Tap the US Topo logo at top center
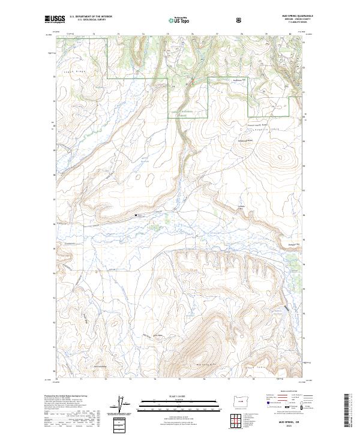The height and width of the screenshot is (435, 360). (179, 20)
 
